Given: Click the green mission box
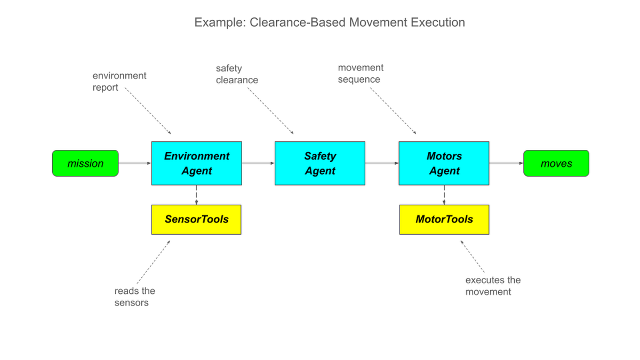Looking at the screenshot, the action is point(85,163).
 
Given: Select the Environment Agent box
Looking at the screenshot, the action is point(197,163).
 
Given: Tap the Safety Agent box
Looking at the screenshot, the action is point(320,163).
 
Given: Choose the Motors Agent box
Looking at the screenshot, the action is point(444,163).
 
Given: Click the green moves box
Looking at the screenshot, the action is point(556,163).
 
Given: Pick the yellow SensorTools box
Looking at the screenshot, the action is point(196,219).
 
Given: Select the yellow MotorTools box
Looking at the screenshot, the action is point(444,219).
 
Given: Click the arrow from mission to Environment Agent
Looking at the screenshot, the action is point(135,163).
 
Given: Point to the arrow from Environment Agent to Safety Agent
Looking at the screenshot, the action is point(258,163).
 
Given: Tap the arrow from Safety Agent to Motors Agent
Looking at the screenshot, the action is point(382,163).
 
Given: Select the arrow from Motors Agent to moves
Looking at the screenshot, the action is point(506,163).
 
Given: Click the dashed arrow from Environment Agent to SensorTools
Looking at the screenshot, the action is point(196,195).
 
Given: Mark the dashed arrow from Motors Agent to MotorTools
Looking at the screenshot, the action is point(444,195).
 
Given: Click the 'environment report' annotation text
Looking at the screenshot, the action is point(119,82).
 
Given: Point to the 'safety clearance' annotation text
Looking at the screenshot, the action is point(237,74).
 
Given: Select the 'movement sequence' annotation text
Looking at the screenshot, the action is point(361,74).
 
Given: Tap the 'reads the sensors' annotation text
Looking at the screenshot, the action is point(134,297).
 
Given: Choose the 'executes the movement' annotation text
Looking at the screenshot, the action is point(493,286).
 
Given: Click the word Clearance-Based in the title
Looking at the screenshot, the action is point(298,22).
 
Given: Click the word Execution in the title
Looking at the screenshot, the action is point(438,22).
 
